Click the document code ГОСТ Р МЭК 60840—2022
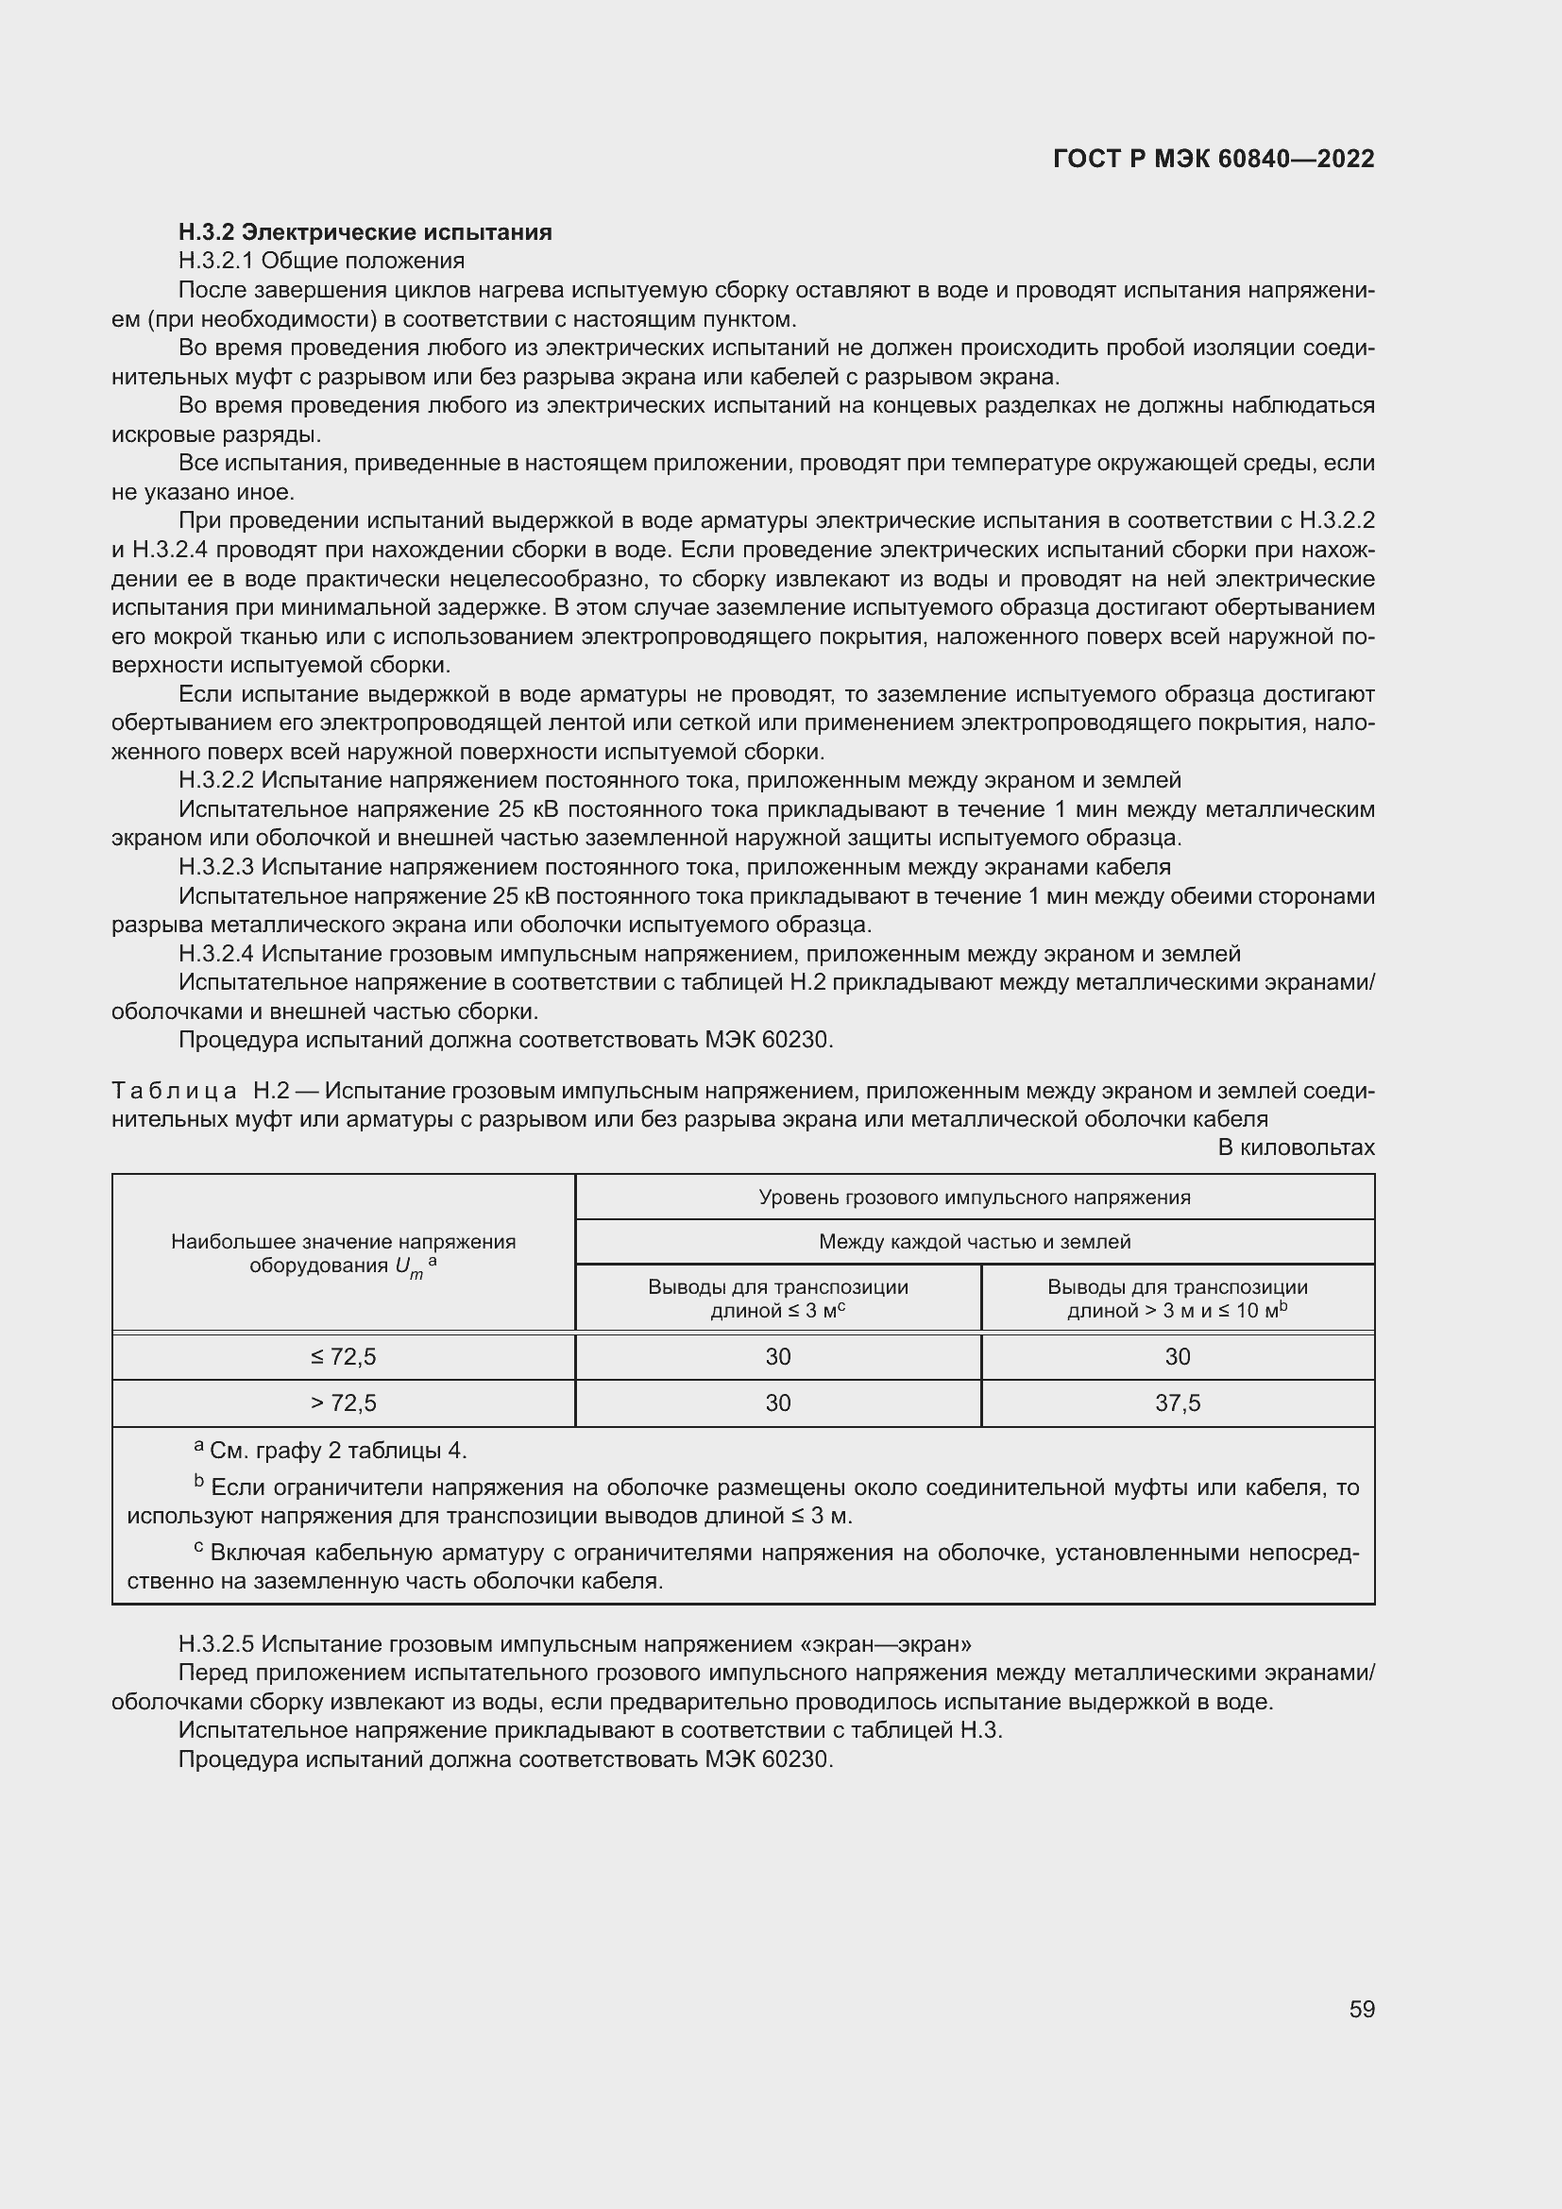click(x=1214, y=159)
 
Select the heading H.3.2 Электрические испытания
click(x=365, y=232)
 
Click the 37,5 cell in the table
click(x=1178, y=1402)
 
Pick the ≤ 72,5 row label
click(x=344, y=1356)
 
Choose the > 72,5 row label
click(x=344, y=1402)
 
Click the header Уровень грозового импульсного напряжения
click(x=975, y=1197)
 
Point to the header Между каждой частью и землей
click(x=975, y=1241)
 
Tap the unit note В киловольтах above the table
click(x=1296, y=1147)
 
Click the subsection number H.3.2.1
click(x=216, y=261)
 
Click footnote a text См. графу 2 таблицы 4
click(x=337, y=1450)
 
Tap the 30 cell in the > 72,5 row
click(x=777, y=1402)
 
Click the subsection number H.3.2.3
click(x=216, y=867)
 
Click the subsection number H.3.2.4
click(x=216, y=954)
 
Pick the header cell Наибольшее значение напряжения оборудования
click(x=344, y=1252)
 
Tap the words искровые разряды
click(x=215, y=433)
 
